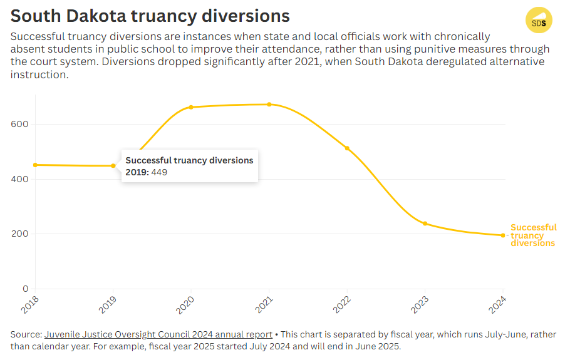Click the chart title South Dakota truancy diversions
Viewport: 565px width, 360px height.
click(x=150, y=16)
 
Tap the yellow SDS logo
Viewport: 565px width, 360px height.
click(x=539, y=21)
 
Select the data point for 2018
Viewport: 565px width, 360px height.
click(x=35, y=165)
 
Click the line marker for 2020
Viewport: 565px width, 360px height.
click(x=191, y=107)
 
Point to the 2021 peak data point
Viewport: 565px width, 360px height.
click(x=269, y=105)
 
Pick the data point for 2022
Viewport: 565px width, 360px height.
click(x=347, y=148)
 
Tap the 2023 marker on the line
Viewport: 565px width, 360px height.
click(x=425, y=224)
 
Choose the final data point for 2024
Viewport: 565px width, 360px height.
click(x=503, y=235)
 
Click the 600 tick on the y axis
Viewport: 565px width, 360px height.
click(x=20, y=124)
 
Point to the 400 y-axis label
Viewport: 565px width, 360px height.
click(x=20, y=179)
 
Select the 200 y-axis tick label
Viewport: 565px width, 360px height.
click(x=20, y=234)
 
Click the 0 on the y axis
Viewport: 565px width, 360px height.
click(x=26, y=289)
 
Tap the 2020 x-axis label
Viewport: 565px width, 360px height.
click(x=185, y=306)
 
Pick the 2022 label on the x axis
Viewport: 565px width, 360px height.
click(x=341, y=306)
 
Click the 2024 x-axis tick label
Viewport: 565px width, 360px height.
click(x=497, y=306)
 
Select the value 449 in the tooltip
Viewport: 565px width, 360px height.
click(x=159, y=172)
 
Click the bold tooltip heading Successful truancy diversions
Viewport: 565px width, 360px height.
click(x=189, y=160)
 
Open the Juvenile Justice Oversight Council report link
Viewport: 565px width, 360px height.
click(x=158, y=334)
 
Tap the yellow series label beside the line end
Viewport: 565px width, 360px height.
click(x=533, y=235)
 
